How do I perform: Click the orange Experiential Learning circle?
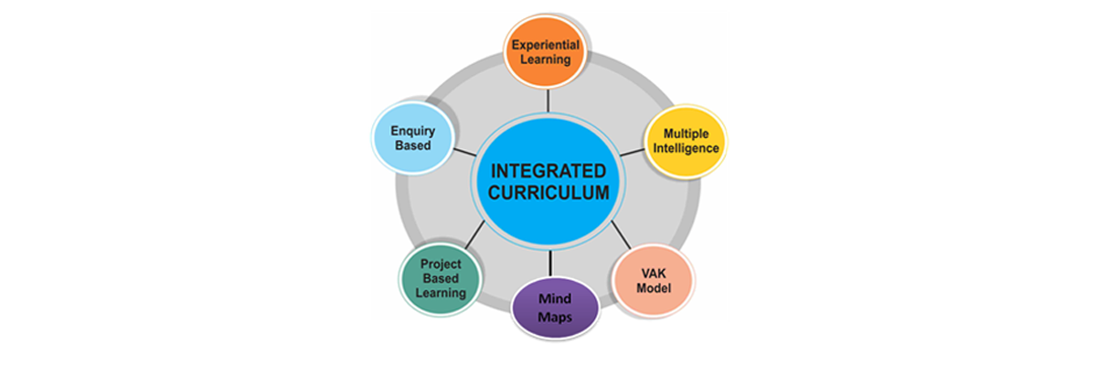[547, 51]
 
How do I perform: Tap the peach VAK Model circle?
[653, 281]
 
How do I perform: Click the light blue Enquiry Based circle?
[412, 138]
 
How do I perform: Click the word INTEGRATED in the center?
[548, 171]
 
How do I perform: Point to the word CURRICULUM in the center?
[548, 193]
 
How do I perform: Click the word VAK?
[653, 273]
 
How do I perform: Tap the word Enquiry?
[412, 131]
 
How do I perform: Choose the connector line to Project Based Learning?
[476, 237]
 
